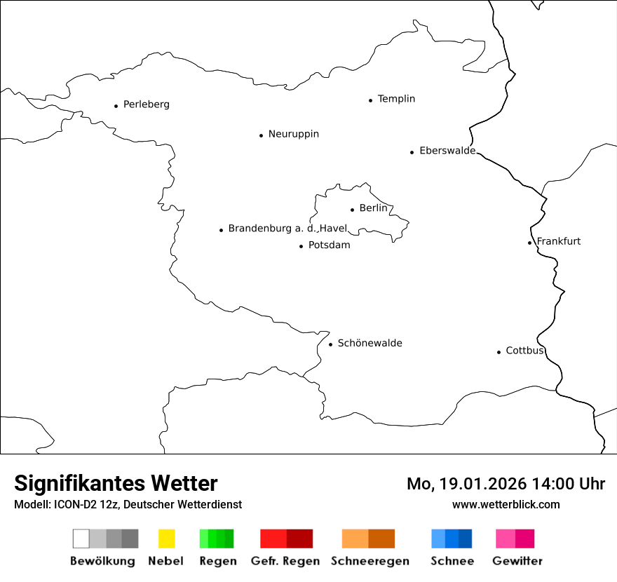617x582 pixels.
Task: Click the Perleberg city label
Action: coord(146,104)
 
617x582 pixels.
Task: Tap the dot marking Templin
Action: coord(370,100)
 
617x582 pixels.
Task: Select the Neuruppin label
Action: coord(293,134)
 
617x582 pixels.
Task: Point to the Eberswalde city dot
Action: coord(412,152)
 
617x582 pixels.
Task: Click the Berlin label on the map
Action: coord(373,208)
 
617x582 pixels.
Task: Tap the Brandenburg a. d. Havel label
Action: coord(287,229)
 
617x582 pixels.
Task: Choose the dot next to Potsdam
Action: coord(301,246)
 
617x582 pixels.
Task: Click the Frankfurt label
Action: coord(559,241)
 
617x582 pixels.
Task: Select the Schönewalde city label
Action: coord(369,343)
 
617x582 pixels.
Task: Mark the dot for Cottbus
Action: coord(499,352)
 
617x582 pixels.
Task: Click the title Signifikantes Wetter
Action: coord(116,484)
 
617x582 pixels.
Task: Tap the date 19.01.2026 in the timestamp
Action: coord(482,484)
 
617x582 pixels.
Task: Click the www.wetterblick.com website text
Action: coord(506,505)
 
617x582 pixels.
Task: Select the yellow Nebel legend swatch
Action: coord(166,539)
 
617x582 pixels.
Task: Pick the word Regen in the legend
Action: coord(217,561)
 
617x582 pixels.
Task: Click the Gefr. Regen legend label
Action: coord(285,561)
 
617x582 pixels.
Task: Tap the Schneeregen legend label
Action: coord(369,561)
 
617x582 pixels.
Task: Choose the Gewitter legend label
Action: coord(517,561)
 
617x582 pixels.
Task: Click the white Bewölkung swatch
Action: coord(81,539)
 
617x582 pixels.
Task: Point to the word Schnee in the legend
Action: coord(452,561)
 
